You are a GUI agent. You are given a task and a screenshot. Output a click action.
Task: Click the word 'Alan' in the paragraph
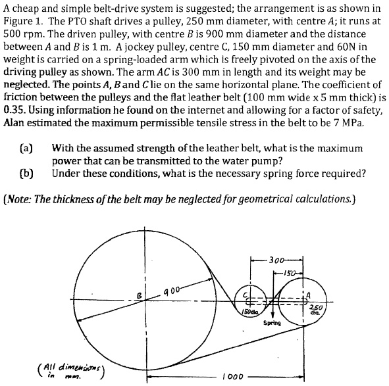(x=15, y=122)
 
